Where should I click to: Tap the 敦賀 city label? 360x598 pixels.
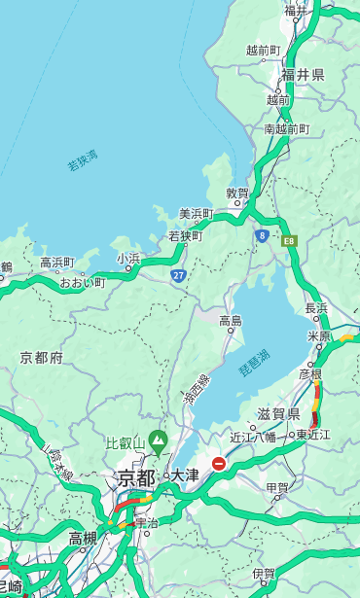(237, 193)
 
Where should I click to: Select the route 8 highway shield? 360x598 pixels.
(263, 235)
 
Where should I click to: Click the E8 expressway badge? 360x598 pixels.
(289, 240)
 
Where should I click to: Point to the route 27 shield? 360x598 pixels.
(179, 275)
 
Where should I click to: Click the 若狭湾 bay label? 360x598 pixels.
(82, 160)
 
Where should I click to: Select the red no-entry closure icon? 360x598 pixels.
(219, 464)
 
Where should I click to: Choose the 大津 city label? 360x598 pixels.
(184, 475)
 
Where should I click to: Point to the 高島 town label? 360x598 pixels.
(231, 321)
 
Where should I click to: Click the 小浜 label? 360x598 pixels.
(128, 258)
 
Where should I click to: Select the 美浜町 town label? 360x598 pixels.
(196, 214)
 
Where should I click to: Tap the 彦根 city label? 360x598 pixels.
(310, 373)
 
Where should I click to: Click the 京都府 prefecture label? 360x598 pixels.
(42, 358)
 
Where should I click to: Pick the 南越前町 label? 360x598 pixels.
(286, 128)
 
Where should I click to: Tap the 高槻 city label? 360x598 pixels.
(82, 538)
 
